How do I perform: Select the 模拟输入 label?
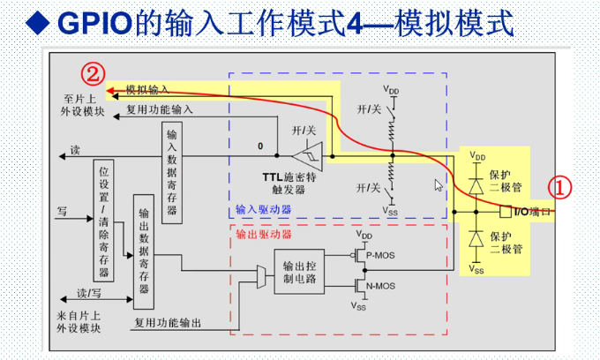tap(147, 90)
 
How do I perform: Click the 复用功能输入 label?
tap(159, 111)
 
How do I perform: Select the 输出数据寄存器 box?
tap(144, 251)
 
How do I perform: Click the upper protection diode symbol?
tap(476, 186)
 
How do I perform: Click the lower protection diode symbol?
tap(476, 239)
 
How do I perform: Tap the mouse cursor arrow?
tap(437, 184)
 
